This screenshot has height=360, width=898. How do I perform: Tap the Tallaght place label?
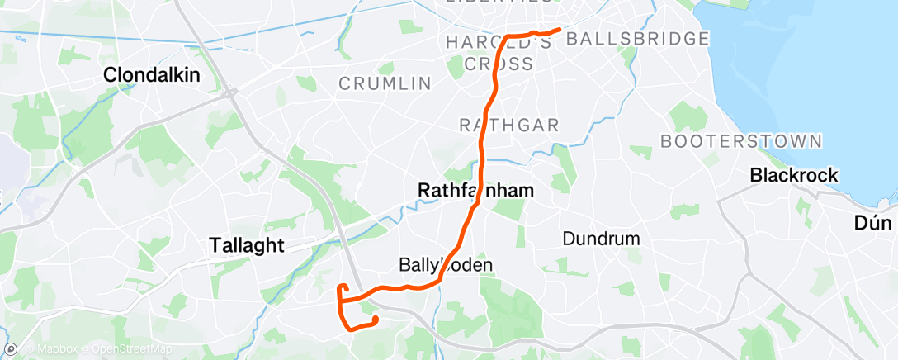245,245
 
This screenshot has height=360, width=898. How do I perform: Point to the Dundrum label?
602,239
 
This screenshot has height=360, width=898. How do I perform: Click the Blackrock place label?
794,175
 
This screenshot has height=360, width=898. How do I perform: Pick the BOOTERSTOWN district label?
741,141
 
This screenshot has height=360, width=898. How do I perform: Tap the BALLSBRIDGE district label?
639,39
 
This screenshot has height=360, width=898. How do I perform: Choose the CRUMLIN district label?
385,83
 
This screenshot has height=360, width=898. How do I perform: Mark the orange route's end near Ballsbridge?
560,30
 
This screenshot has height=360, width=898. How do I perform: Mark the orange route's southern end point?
376,319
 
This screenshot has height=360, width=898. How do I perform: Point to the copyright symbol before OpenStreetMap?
85,349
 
